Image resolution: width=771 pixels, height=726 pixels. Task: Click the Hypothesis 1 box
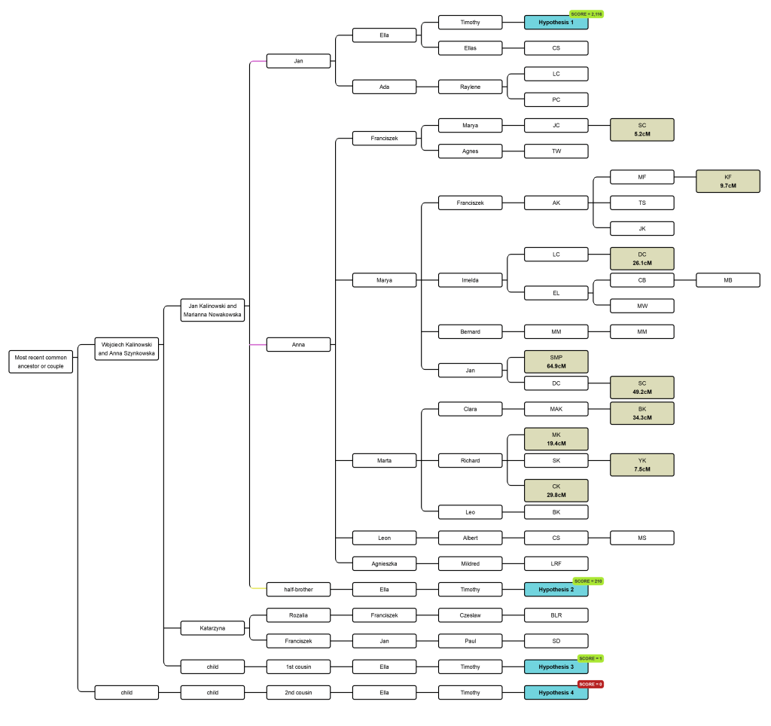[556, 23]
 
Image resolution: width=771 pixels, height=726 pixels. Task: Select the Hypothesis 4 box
[556, 693]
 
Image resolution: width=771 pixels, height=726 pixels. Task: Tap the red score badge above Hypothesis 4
[590, 684]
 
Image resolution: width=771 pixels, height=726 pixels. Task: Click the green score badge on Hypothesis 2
[588, 581]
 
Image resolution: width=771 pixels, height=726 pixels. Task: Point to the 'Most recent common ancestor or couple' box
[41, 362]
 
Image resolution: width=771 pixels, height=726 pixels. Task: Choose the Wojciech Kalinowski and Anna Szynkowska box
[126, 349]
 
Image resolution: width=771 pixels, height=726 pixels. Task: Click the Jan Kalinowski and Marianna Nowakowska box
[212, 310]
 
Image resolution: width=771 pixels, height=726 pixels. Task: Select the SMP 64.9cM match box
[556, 361]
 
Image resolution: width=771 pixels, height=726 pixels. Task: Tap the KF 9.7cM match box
[727, 181]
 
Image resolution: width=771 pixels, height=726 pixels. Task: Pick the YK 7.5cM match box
[641, 465]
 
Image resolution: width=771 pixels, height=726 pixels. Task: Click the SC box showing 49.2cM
[641, 387]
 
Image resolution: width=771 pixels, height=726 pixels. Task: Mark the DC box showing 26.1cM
[641, 258]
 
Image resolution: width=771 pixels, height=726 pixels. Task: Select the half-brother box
[298, 589]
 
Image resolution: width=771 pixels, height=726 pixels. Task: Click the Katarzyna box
[212, 627]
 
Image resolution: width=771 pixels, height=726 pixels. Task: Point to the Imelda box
[470, 280]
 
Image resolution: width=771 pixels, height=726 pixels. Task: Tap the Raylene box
[470, 87]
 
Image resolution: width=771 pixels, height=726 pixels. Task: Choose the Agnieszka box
[384, 563]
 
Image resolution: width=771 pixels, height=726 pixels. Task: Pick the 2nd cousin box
[298, 692]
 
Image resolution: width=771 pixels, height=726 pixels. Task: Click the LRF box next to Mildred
[556, 563]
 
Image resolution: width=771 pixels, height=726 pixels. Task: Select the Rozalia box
[298, 615]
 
